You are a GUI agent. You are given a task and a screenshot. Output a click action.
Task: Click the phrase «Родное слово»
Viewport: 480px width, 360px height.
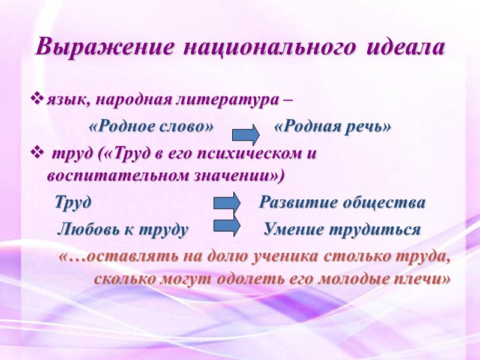151,127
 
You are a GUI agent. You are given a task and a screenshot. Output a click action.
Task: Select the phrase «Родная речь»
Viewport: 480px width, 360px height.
332,127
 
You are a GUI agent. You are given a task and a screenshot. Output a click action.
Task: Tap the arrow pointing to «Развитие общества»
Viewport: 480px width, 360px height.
227,202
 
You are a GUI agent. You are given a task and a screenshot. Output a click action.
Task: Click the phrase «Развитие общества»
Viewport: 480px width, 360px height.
342,203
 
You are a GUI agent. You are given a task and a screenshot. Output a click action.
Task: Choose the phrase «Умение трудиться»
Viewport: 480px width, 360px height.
342,230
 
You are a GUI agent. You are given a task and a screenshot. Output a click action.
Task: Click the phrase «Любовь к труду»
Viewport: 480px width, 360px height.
122,230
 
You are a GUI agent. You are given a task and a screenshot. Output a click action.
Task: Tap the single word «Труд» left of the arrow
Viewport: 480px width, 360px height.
73,203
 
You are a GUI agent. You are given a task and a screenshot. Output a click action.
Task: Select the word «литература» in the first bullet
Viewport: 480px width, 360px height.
217,98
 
